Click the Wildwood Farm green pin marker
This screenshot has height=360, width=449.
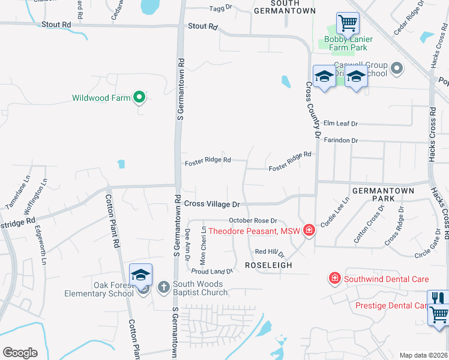139,97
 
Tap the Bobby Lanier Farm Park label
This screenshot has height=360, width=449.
348,44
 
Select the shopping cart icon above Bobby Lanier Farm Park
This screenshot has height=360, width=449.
348,23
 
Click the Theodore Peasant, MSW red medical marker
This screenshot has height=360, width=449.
309,230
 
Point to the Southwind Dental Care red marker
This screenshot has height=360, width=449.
334,278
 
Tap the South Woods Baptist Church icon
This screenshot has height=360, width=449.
163,287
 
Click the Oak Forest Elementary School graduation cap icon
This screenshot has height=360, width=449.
140,275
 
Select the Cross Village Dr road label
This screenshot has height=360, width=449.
212,204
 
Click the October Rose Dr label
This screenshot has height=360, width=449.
253,221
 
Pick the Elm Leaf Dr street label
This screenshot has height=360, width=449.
340,124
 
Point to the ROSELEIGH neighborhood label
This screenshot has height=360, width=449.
268,265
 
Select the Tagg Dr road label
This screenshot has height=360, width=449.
220,8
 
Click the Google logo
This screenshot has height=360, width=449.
20,353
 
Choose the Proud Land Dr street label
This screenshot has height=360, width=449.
212,271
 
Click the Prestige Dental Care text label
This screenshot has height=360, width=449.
391,305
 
